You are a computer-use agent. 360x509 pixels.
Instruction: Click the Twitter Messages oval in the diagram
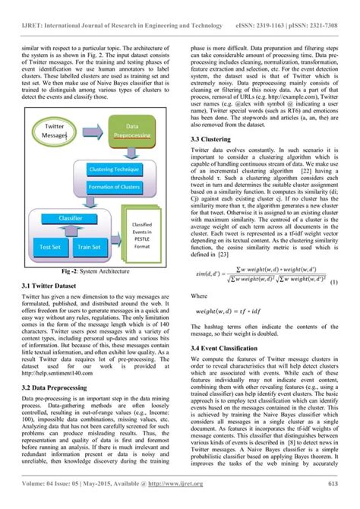tap(55, 130)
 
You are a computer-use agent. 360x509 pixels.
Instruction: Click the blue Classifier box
tap(71, 217)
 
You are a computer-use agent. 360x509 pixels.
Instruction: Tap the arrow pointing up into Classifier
tap(70, 231)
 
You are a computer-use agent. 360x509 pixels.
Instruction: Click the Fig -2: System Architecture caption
tap(95, 270)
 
